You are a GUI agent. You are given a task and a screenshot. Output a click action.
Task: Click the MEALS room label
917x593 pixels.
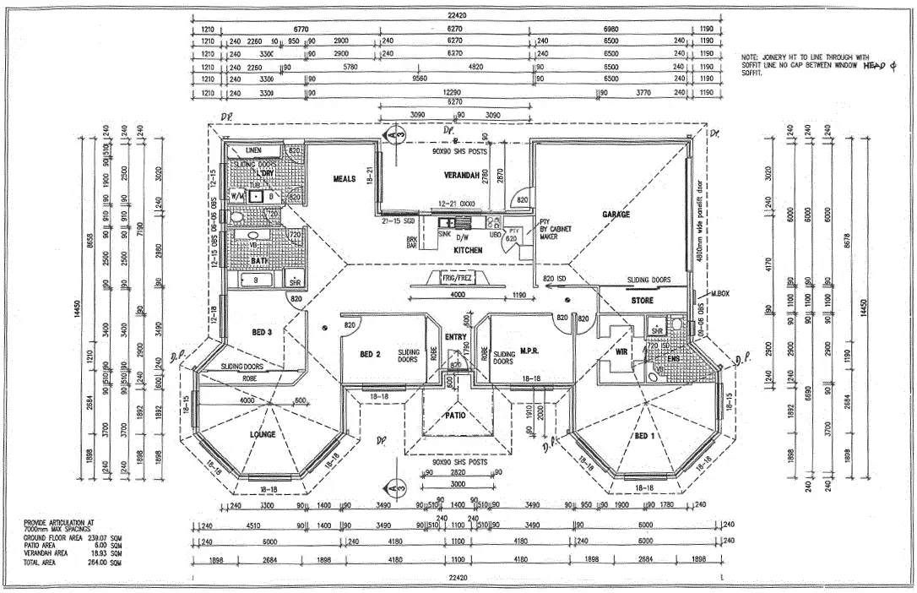click(345, 179)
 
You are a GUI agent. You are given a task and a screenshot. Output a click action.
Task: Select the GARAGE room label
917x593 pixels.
click(616, 215)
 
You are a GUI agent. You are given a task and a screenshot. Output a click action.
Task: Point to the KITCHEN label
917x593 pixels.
click(468, 251)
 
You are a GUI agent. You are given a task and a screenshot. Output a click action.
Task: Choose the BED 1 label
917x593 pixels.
click(643, 436)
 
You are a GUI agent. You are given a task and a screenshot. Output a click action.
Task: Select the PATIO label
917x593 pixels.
click(455, 415)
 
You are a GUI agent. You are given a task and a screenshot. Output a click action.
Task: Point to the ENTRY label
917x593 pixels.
click(455, 338)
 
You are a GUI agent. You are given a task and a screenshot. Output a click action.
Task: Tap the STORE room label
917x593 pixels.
click(642, 300)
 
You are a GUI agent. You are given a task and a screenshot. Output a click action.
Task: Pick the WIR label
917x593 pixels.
click(622, 351)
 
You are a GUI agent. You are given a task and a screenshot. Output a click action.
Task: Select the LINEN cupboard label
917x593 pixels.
click(253, 150)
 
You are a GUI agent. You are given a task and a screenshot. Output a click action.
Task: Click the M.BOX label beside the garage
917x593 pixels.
click(719, 293)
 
